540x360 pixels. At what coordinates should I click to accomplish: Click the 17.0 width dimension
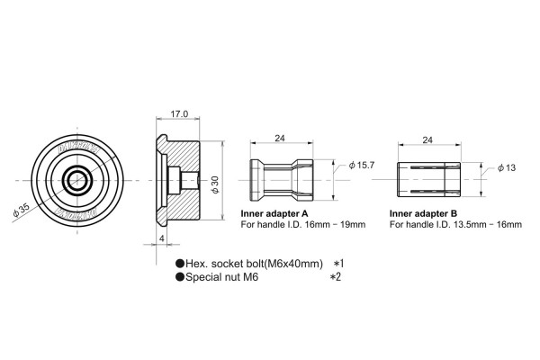click(x=178, y=114)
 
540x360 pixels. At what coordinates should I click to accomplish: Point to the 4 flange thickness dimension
click(x=161, y=238)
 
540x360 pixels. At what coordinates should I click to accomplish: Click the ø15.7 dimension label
click(x=360, y=166)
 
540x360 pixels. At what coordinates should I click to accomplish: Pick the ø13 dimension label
click(x=505, y=168)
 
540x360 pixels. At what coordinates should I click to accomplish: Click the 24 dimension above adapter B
click(x=427, y=140)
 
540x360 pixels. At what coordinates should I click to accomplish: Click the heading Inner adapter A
click(x=274, y=213)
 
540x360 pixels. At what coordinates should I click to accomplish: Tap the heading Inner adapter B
click(x=423, y=213)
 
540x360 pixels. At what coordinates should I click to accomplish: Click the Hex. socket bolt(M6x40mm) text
click(x=253, y=263)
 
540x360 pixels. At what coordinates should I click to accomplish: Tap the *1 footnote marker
click(x=339, y=263)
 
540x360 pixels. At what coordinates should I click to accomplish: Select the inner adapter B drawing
click(x=427, y=180)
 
